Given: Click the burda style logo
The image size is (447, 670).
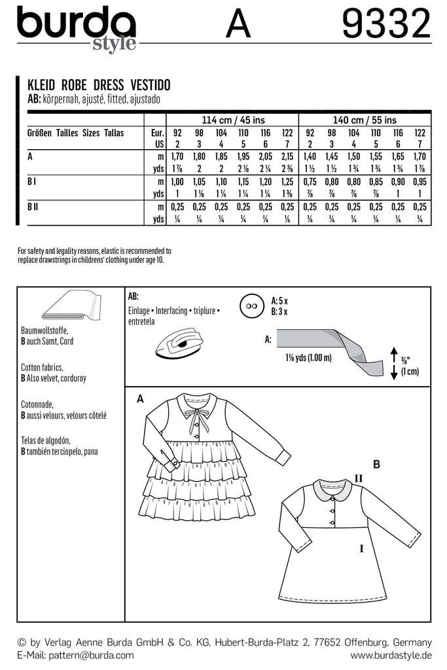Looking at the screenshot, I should point(77,27).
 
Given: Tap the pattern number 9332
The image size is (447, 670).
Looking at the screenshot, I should point(385,26).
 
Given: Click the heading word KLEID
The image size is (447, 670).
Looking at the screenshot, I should point(41,86).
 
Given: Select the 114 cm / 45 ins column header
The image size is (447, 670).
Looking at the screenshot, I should point(221,120).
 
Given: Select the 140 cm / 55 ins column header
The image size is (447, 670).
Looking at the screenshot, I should point(364,120).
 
